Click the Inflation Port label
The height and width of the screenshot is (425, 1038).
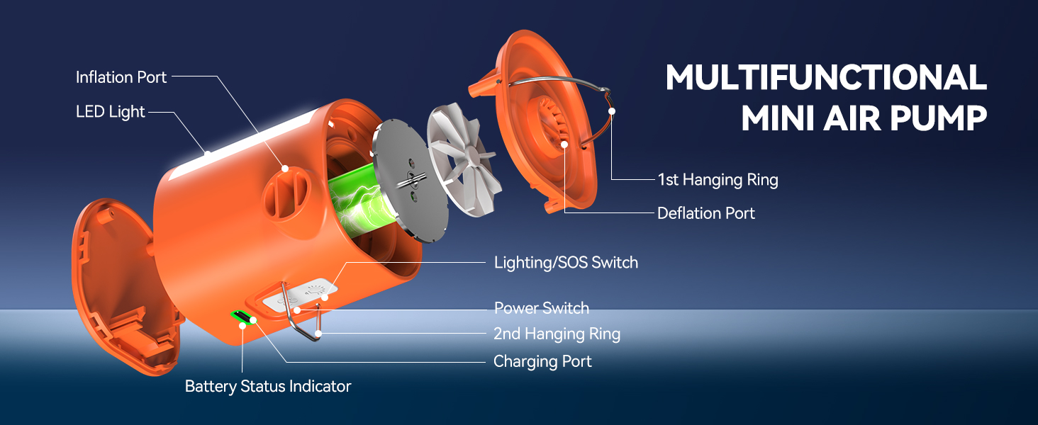tap(121, 77)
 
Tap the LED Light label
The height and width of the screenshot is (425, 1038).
tap(110, 112)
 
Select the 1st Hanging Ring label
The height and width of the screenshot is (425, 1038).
tap(718, 180)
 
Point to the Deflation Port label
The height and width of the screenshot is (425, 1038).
tap(706, 213)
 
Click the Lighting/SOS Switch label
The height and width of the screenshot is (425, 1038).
tap(566, 263)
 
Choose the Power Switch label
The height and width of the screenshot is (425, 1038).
tap(542, 308)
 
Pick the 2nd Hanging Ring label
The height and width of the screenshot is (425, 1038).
tap(557, 334)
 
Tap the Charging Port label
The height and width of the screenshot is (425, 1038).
tap(542, 362)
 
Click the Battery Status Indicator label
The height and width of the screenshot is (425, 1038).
tap(268, 386)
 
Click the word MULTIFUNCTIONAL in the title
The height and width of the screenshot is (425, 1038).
tap(826, 79)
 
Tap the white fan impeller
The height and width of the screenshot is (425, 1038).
tap(464, 153)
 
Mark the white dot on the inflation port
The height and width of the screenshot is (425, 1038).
tap(285, 169)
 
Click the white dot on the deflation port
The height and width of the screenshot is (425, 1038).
tap(565, 144)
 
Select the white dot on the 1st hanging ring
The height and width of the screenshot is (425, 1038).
tap(611, 111)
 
